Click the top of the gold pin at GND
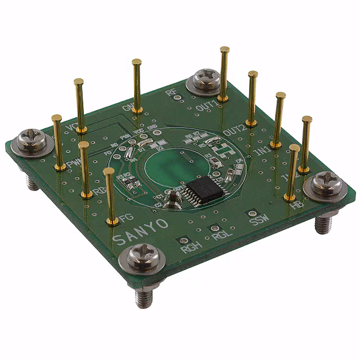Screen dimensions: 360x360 point(136,61)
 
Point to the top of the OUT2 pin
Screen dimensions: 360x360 point(253,74)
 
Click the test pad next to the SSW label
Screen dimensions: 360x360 point(253,213)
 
